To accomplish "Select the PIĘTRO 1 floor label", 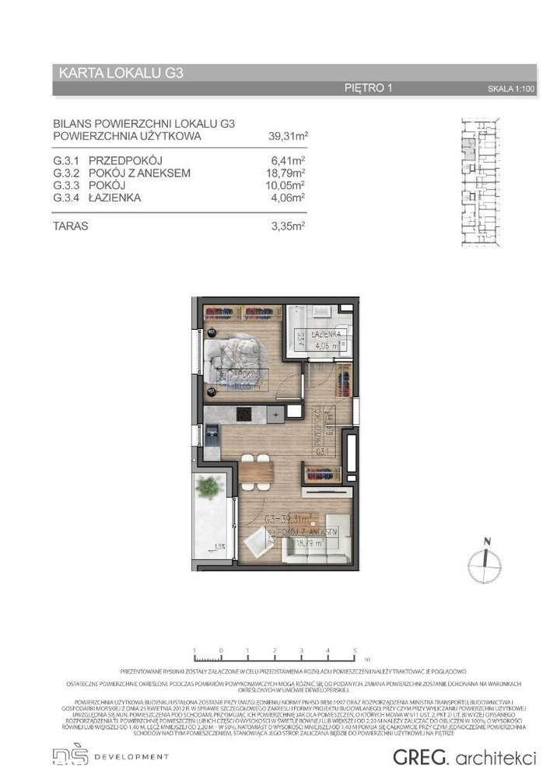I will point(368,89).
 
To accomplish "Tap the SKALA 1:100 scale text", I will point(511,89).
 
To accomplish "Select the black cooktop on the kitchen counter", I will point(243,415).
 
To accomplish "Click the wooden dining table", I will point(255,471).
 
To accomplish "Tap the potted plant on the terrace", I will point(208,487).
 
